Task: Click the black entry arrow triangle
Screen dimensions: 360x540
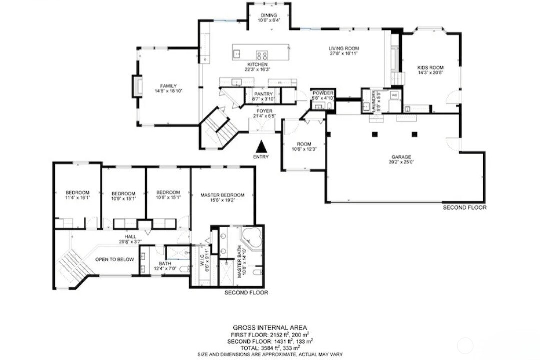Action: pyautogui.click(x=261, y=147)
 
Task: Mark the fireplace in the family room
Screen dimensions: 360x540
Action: pyautogui.click(x=136, y=86)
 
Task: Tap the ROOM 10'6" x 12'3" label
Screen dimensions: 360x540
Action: pyautogui.click(x=305, y=145)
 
